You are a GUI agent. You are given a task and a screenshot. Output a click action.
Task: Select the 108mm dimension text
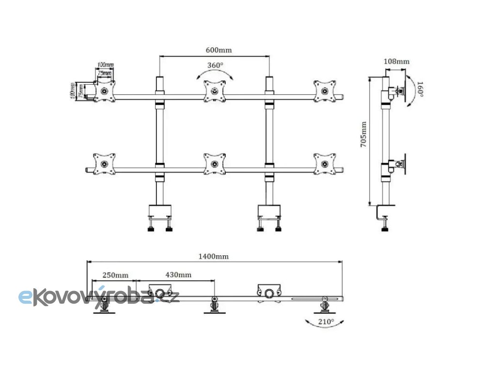(x=396, y=62)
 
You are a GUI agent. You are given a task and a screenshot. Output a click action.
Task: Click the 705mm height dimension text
(x=364, y=135)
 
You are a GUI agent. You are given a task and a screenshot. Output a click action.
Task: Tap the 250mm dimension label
(x=115, y=275)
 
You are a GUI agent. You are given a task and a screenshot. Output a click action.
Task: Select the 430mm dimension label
(x=178, y=275)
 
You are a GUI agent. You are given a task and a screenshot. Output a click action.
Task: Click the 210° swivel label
(x=326, y=321)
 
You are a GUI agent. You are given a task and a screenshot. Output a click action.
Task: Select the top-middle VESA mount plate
(x=214, y=91)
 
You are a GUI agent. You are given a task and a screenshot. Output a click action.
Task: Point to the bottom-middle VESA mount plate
(x=214, y=164)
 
